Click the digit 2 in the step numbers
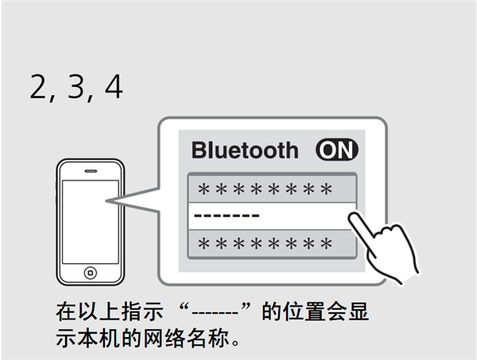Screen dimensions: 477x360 coord(37,87)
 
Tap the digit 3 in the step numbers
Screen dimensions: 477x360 coord(76,87)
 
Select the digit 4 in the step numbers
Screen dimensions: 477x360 coord(114,87)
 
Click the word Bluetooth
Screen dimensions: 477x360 coord(245,150)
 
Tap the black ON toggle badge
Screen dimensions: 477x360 coord(337,149)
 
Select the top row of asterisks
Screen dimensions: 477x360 coord(265,189)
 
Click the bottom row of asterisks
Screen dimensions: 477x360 coord(265,243)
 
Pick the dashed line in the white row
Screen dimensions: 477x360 coord(227,215)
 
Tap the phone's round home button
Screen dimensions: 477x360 coord(91,273)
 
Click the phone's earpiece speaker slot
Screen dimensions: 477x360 coord(91,171)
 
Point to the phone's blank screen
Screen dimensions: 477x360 coord(91,222)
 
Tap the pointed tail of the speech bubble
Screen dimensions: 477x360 coord(106,201)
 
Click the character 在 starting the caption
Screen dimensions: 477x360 coord(66,312)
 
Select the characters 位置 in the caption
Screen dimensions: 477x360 coord(304,312)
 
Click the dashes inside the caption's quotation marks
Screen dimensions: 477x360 coord(215,312)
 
